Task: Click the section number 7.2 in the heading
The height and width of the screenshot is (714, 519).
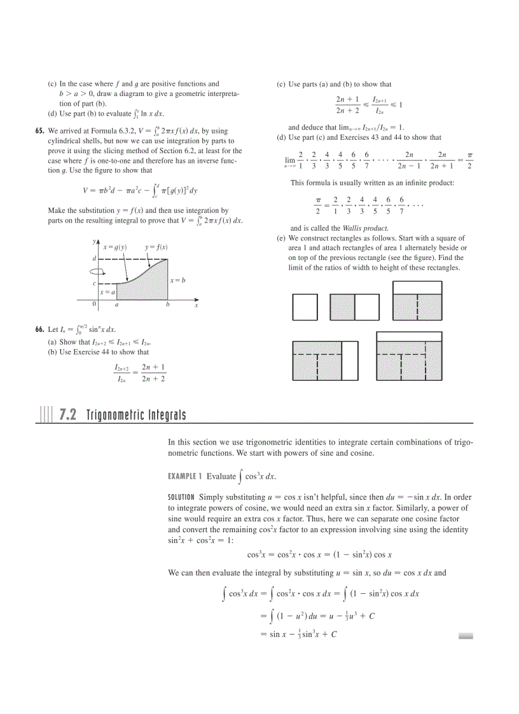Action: point(67,415)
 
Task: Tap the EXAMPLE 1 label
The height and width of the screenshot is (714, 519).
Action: point(185,476)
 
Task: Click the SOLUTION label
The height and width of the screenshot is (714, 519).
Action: point(181,497)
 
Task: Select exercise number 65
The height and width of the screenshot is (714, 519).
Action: point(39,132)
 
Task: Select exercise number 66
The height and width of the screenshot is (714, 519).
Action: point(39,329)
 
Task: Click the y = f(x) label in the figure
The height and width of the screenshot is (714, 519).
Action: point(156,247)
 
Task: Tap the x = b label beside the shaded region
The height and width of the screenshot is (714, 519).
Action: point(177,280)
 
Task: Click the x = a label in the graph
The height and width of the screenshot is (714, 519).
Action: point(107,292)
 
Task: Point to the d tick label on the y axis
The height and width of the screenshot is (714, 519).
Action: point(94,259)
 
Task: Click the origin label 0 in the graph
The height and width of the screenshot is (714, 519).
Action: point(94,305)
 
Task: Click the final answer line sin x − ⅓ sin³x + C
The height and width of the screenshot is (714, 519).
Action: point(298,635)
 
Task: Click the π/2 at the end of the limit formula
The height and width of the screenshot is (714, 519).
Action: point(469,160)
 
